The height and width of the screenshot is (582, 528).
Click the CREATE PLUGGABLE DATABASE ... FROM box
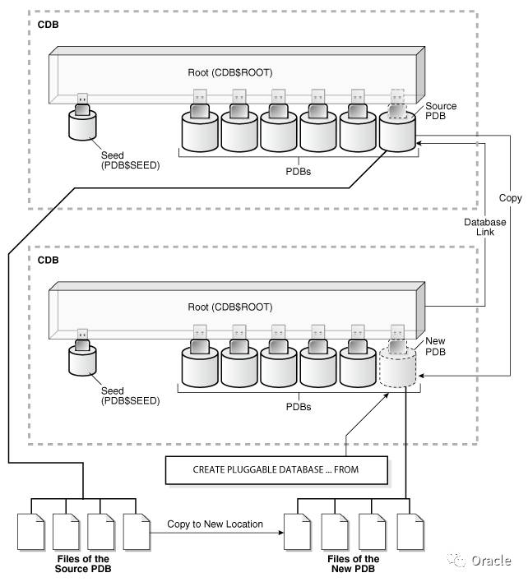(x=277, y=471)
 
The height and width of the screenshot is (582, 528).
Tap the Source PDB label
(x=440, y=113)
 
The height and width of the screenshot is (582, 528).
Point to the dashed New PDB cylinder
(x=397, y=367)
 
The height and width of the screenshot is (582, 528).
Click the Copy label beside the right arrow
(x=510, y=199)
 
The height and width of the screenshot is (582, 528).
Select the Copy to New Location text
(x=215, y=524)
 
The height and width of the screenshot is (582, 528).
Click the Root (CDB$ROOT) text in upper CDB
(x=229, y=72)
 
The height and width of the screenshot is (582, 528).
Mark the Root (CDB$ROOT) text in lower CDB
(x=229, y=307)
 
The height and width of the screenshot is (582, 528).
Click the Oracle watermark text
(x=491, y=561)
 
